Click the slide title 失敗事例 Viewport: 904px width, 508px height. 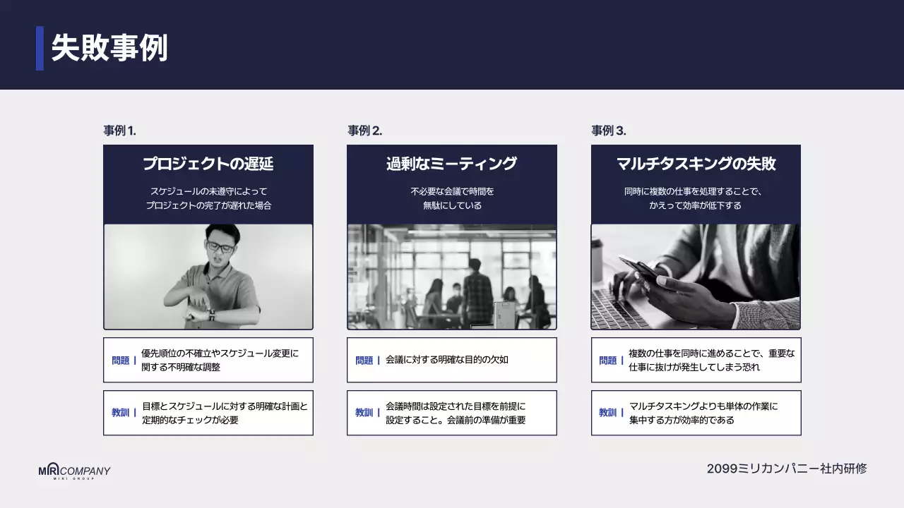coord(109,49)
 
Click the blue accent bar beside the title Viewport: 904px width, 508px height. coord(40,49)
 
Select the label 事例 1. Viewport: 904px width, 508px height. coord(119,131)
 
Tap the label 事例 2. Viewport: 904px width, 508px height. coord(364,131)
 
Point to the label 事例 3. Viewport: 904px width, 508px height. coord(608,131)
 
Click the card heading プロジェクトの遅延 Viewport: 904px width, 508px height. coord(208,164)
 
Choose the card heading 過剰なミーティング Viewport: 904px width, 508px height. coord(451,164)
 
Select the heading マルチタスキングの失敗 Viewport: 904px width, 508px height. coord(696,164)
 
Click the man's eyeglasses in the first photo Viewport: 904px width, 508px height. coord(220,247)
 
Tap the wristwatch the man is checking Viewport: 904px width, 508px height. coord(211,315)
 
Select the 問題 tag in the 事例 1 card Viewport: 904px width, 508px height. coord(121,361)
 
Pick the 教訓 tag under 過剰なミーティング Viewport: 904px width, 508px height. coord(364,413)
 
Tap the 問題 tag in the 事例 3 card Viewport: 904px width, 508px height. coord(608,361)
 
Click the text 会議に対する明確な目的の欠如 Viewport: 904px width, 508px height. coord(447,360)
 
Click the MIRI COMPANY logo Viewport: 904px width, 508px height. coord(74,472)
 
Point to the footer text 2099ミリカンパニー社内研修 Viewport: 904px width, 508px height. coord(787,468)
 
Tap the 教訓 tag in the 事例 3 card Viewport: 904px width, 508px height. coord(608,413)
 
